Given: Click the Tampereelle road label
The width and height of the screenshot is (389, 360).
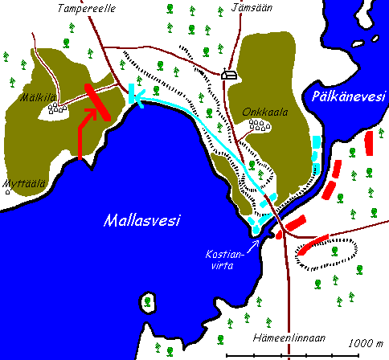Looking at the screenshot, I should [x=84, y=9].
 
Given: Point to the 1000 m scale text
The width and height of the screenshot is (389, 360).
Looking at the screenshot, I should [x=364, y=344].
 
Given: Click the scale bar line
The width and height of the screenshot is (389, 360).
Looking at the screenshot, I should [x=305, y=354].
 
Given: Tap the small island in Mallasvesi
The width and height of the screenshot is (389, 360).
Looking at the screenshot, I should [x=147, y=302].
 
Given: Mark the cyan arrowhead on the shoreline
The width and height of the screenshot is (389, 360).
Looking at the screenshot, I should [x=134, y=96].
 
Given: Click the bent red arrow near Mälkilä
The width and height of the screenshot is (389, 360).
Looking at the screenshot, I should [x=86, y=129].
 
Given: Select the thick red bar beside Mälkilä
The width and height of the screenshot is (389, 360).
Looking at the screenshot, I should [x=100, y=100].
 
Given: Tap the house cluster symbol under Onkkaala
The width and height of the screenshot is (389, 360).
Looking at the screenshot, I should [x=259, y=125].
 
